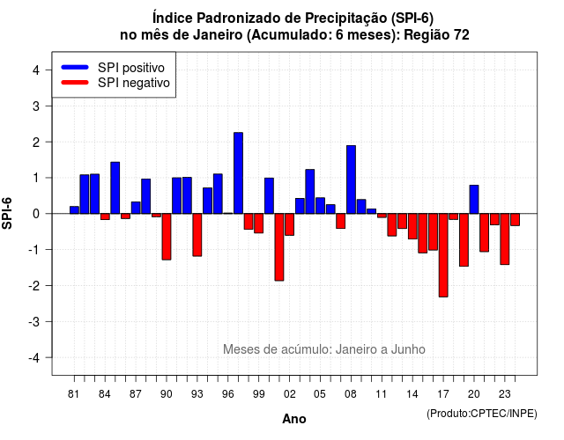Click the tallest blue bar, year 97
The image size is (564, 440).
tap(238, 173)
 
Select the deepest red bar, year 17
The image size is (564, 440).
tap(443, 255)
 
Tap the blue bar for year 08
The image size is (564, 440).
tap(351, 180)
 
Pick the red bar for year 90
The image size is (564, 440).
tap(167, 237)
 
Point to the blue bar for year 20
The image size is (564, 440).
tap(474, 200)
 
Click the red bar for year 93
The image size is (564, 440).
tap(197, 235)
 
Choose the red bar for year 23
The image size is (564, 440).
tap(505, 238)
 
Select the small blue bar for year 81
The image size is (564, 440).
tap(74, 210)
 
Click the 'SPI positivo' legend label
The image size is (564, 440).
tap(131, 68)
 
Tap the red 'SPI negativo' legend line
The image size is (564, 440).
tap(75, 83)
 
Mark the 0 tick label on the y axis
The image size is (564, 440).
tap(36, 214)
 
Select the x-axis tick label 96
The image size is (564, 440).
tap(228, 394)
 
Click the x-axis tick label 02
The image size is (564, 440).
tap(290, 394)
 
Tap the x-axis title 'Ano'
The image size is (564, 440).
tap(294, 419)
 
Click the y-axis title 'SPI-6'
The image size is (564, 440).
tap(7, 213)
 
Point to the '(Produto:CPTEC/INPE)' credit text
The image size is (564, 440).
tap(482, 414)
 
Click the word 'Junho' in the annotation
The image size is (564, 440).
tap(408, 349)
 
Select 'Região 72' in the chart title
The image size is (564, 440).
tap(436, 35)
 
